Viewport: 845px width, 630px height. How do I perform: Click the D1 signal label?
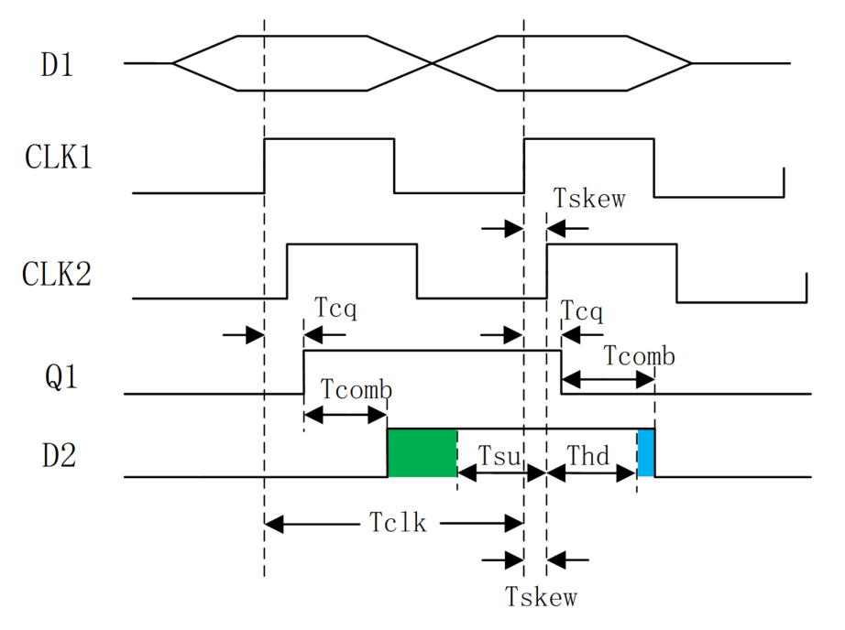(x=57, y=65)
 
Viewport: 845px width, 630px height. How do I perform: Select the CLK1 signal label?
(x=59, y=157)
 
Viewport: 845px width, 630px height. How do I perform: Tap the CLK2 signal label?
(x=57, y=274)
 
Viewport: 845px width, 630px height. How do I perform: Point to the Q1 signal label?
(x=60, y=377)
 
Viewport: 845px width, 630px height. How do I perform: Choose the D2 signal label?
(x=59, y=455)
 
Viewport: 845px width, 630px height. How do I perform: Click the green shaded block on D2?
(x=422, y=453)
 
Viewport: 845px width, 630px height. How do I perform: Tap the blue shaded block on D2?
(x=646, y=453)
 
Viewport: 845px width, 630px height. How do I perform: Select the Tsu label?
(x=499, y=456)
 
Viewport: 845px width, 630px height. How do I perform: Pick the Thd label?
(x=588, y=455)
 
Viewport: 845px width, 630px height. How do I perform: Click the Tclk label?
(x=398, y=522)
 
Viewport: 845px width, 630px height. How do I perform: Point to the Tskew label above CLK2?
(x=589, y=198)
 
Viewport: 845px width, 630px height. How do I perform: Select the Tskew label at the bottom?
(x=541, y=597)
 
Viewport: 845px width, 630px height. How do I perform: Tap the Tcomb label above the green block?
(x=357, y=389)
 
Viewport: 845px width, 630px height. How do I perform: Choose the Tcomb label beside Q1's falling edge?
(x=639, y=356)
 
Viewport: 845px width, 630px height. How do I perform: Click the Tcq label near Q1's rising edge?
(x=335, y=309)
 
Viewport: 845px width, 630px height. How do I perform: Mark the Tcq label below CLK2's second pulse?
(x=581, y=311)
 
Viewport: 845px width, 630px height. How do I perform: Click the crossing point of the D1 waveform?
(x=433, y=63)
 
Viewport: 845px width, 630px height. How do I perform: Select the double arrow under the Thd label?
(x=591, y=473)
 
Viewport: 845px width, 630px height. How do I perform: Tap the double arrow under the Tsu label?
(x=501, y=473)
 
